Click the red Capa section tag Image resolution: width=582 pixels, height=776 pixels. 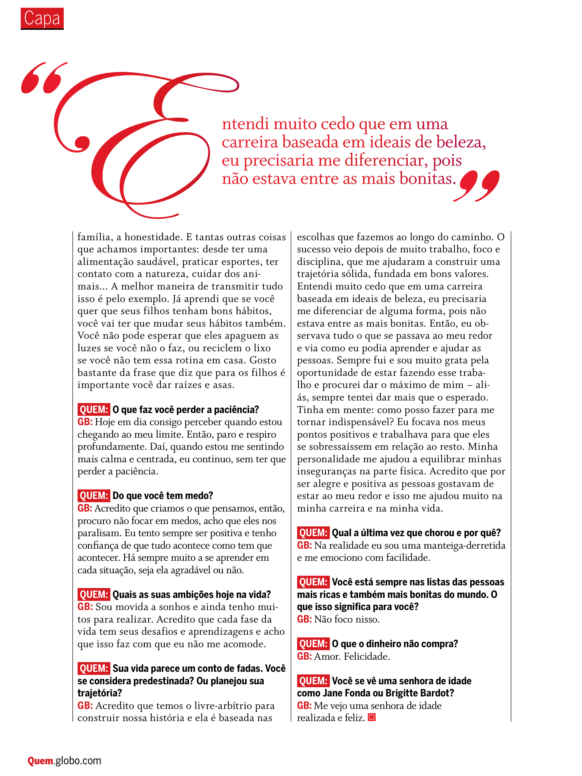42,19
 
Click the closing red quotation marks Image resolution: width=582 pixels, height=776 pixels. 477,186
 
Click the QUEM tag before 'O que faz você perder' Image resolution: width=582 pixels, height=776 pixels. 94,410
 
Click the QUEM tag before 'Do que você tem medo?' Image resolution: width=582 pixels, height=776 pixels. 94,496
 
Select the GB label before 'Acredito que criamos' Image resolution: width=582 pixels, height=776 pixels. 85,508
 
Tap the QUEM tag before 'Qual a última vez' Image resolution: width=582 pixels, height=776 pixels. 313,533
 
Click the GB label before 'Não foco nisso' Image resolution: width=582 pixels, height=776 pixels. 304,620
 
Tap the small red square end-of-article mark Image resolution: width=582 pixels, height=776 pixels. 372,717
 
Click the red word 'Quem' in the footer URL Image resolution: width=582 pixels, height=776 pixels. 41,760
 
